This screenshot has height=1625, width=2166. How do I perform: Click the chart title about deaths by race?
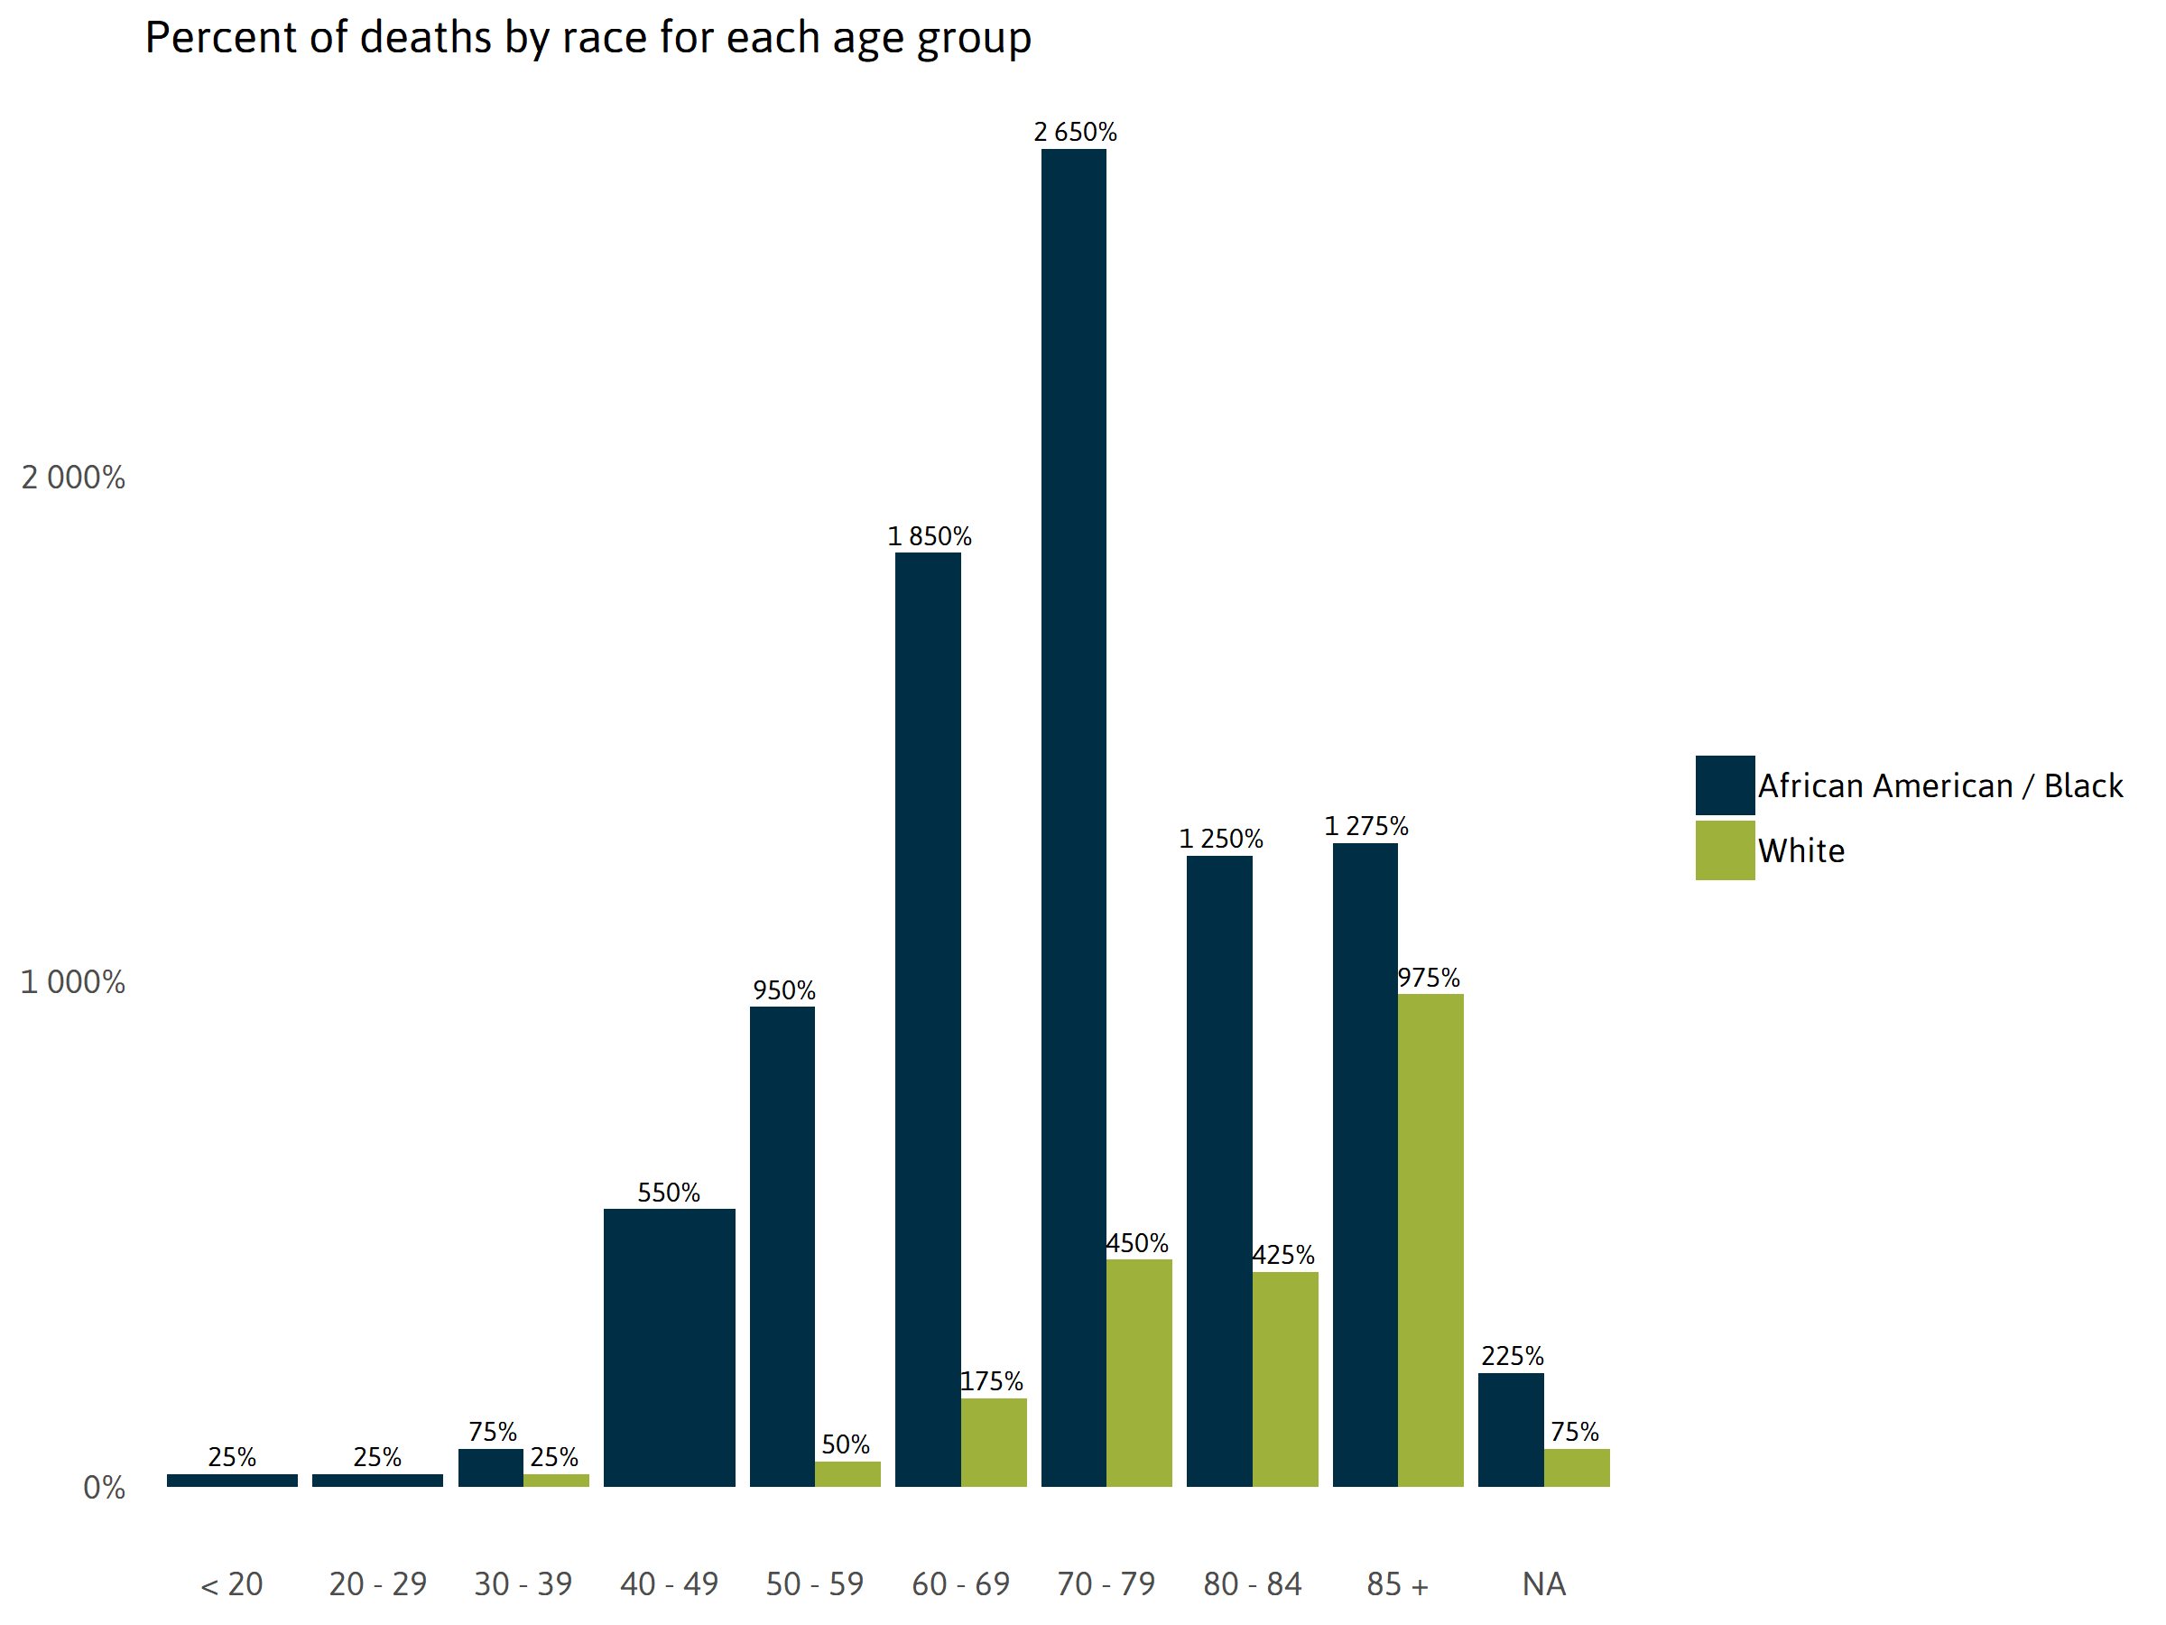click(x=588, y=39)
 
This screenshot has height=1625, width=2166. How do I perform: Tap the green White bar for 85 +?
click(x=1430, y=1240)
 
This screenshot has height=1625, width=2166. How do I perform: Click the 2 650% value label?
click(x=1074, y=132)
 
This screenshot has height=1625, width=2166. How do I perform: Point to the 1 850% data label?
click(x=929, y=537)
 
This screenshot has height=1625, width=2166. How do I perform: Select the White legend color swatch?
click(x=1725, y=850)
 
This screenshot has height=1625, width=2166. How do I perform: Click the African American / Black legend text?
click(x=1939, y=785)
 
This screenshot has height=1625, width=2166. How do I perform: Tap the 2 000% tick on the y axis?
click(x=73, y=478)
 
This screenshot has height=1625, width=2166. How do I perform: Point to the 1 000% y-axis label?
click(x=73, y=982)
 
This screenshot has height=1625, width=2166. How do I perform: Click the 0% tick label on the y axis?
click(x=104, y=1488)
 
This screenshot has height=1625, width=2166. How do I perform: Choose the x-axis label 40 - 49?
click(x=669, y=1583)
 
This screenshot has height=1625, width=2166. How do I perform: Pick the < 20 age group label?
click(x=231, y=1583)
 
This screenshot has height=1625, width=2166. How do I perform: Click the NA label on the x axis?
click(x=1543, y=1583)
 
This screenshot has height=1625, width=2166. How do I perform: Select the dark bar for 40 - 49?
click(x=669, y=1347)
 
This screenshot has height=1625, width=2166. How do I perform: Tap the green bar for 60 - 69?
click(x=993, y=1442)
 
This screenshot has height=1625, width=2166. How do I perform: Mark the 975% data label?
click(x=1428, y=978)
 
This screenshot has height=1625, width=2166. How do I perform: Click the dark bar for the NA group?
click(x=1510, y=1429)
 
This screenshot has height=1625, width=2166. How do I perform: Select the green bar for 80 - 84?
click(x=1285, y=1379)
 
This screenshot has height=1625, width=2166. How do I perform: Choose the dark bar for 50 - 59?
click(x=782, y=1246)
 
